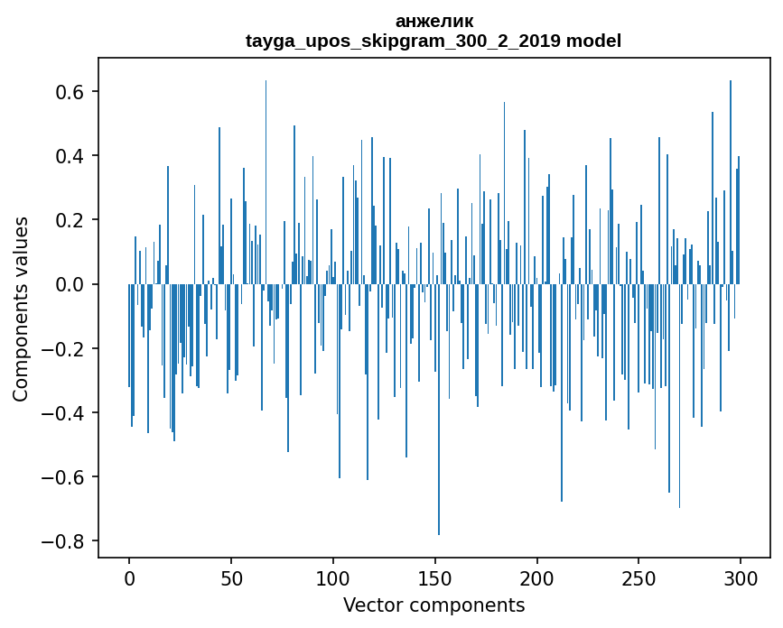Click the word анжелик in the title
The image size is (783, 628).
[x=433, y=21]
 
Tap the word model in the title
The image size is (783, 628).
[x=593, y=41]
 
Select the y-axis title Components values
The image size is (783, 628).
[x=21, y=309]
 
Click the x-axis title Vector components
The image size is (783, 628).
[x=433, y=605]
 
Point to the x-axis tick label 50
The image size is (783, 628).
[x=231, y=577]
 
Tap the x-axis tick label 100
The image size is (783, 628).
[x=333, y=577]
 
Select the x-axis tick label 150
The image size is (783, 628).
[x=435, y=577]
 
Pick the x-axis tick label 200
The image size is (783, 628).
[x=537, y=577]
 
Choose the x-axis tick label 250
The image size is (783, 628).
[x=639, y=577]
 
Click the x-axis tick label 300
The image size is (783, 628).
[x=741, y=577]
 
